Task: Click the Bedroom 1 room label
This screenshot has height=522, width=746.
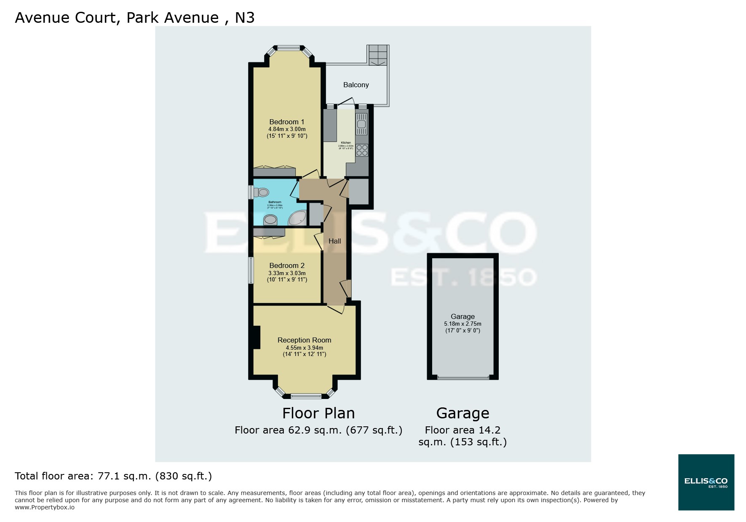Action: [x=286, y=122]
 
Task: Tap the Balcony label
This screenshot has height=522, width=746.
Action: [x=356, y=85]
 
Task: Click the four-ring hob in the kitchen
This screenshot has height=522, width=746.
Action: [x=361, y=150]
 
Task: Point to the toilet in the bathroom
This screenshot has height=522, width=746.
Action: [x=262, y=193]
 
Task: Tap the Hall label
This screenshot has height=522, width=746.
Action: [x=334, y=241]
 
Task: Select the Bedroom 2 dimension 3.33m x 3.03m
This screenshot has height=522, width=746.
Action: [x=287, y=273]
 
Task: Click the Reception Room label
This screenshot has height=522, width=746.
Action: [x=304, y=340]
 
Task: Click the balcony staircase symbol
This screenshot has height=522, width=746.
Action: [x=378, y=55]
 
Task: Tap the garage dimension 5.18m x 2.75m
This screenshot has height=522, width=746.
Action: [x=463, y=324]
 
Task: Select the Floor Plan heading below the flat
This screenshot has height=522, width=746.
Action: [x=318, y=413]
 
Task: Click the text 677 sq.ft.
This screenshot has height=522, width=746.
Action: [x=374, y=430]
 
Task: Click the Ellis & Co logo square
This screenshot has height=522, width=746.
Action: [x=706, y=482]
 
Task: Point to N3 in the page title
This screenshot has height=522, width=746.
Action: [x=244, y=18]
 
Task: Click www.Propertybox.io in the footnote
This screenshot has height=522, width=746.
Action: [x=45, y=507]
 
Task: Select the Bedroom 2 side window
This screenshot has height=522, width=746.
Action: [x=251, y=270]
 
